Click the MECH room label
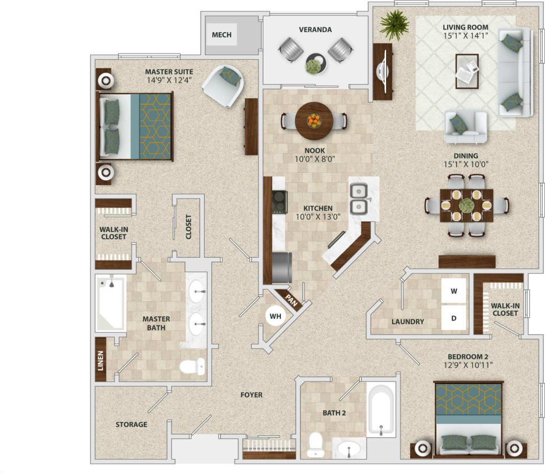point(221,35)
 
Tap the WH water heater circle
point(275,316)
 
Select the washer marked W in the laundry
point(454,292)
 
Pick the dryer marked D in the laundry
point(454,318)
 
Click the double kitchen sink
point(358,199)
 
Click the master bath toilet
point(192,366)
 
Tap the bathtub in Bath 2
point(381,409)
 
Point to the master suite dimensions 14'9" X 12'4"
point(169,80)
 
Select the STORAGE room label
point(131,424)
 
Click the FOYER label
point(251,395)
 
